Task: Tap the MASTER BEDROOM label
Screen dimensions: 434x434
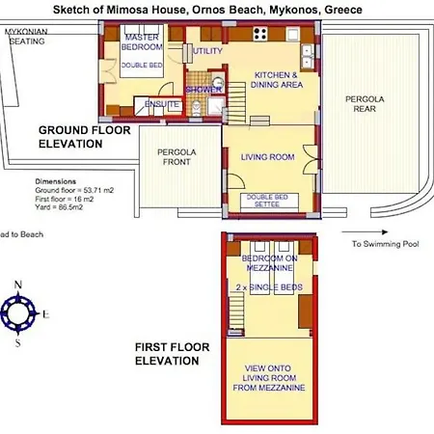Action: coord(142,41)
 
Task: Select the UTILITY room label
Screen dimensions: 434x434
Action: coord(206,50)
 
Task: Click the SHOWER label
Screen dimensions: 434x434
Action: coord(204,89)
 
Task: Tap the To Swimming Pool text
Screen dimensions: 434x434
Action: coord(383,244)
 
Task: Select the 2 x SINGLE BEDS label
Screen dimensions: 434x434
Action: coord(263,288)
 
